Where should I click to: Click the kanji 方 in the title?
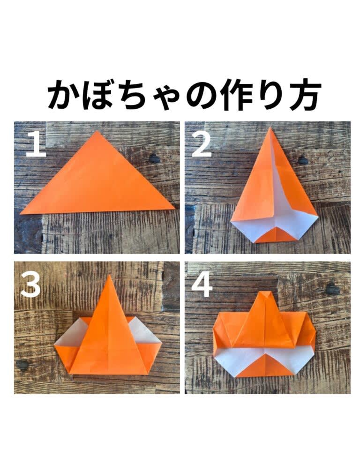(303, 94)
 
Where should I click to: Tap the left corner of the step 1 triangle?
(20, 214)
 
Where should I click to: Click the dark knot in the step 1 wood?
(154, 158)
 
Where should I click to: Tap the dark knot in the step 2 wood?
(303, 160)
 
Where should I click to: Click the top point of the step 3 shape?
(110, 275)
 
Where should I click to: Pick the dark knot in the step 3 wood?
(22, 365)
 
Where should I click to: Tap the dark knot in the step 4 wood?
(333, 289)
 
